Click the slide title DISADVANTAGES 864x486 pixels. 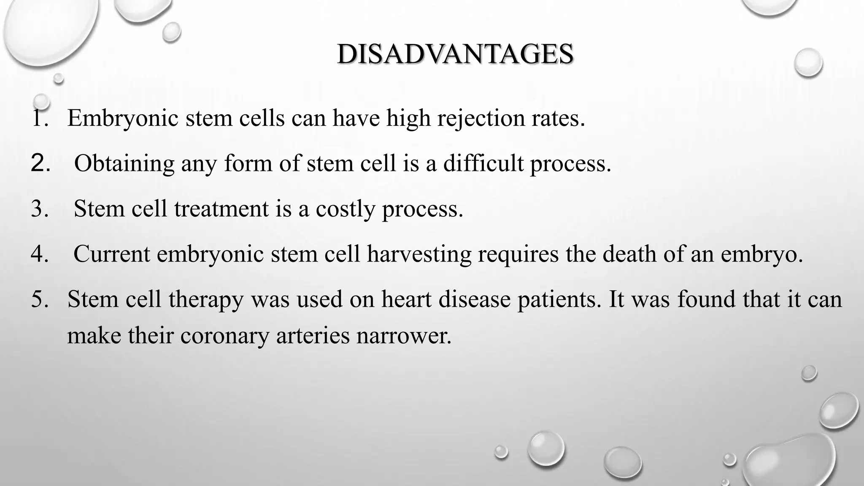[455, 54]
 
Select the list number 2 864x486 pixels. [40, 163]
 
